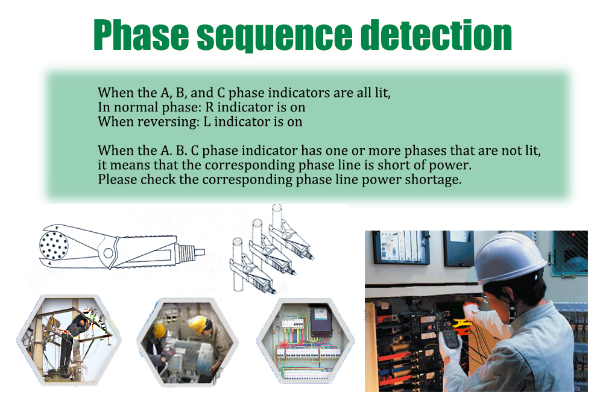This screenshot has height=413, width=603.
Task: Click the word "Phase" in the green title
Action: click(141, 35)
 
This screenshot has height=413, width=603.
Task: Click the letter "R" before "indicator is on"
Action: click(210, 107)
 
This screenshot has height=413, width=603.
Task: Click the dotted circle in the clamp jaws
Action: click(54, 245)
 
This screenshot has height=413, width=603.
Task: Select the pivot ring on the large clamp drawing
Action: click(109, 253)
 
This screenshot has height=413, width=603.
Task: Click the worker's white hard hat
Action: click(508, 258)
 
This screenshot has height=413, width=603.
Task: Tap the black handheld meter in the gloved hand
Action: click(450, 339)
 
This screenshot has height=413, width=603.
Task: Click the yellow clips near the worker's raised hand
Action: click(462, 326)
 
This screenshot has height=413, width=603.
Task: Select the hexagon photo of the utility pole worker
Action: click(69, 340)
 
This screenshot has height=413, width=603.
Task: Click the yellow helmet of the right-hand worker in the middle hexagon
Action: click(198, 323)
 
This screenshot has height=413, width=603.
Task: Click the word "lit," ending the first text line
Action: click(383, 93)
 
